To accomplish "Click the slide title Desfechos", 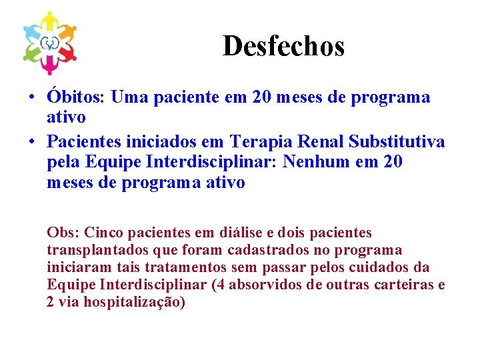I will [283, 46].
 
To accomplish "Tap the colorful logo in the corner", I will [51, 43].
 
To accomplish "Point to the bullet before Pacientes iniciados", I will [31, 142].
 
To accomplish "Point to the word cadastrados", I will [269, 250].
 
